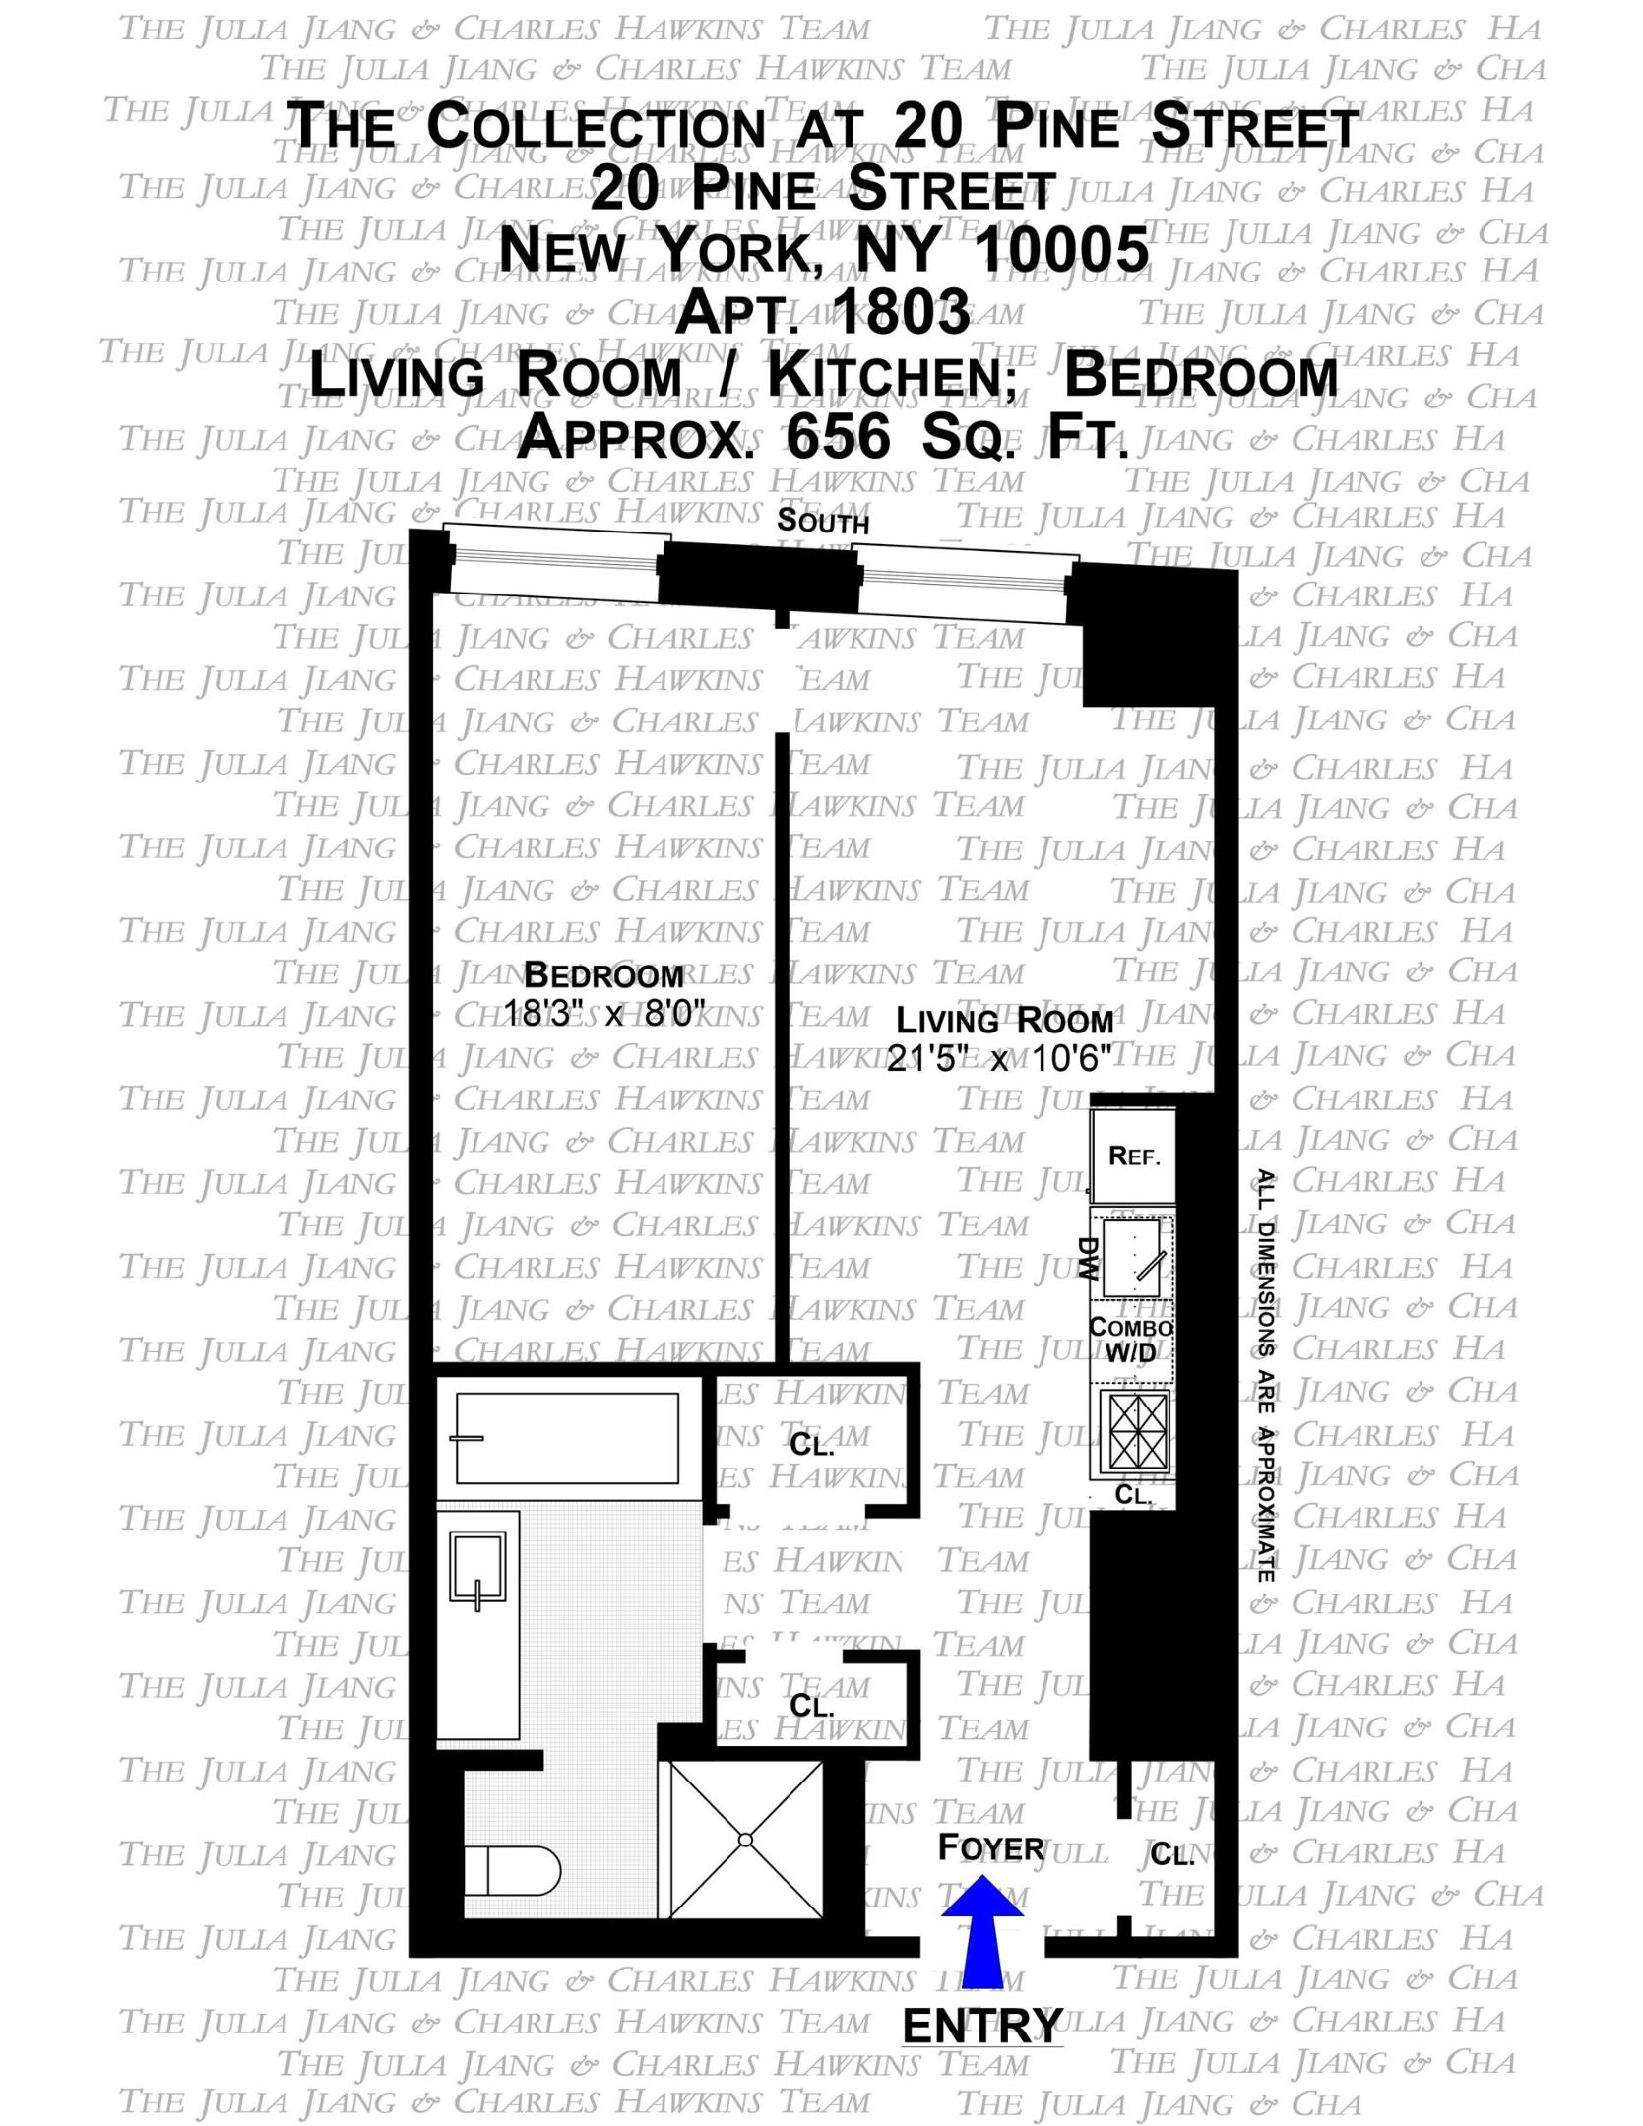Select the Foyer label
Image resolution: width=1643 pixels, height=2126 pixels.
pos(990,1847)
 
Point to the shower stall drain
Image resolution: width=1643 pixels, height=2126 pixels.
pos(745,1840)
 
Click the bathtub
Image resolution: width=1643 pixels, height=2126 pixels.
pos(567,1438)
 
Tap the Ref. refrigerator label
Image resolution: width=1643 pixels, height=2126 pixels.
pos(1134,1156)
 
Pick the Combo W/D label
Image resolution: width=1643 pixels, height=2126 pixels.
pos(1130,1340)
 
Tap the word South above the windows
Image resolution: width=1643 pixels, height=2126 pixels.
pos(823,520)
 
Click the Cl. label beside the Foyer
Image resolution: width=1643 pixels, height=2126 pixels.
pos(1171,1855)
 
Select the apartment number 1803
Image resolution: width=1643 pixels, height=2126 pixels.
pos(901,312)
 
